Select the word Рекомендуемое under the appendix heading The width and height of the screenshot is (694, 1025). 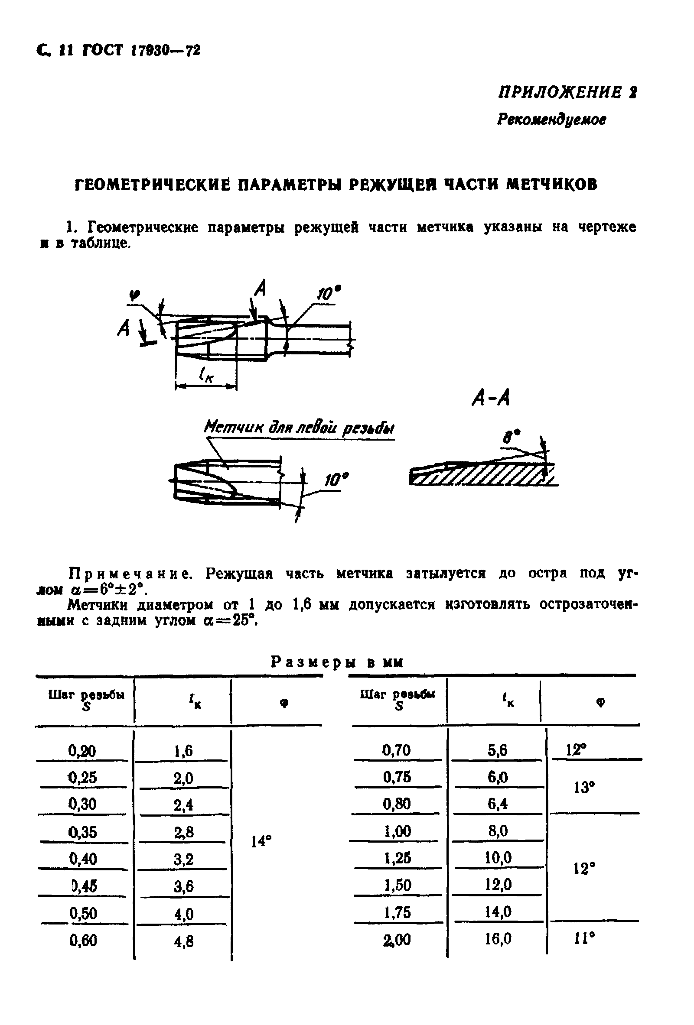click(x=551, y=119)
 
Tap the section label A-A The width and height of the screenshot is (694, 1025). click(x=491, y=398)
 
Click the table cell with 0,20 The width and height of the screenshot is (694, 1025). click(x=82, y=750)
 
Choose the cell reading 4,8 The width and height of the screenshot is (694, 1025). click(x=183, y=942)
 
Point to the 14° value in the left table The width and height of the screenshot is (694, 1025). click(x=261, y=841)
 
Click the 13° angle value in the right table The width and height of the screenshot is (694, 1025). click(x=584, y=787)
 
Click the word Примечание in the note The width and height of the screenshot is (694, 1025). click(x=130, y=573)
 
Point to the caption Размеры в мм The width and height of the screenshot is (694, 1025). click(x=337, y=662)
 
